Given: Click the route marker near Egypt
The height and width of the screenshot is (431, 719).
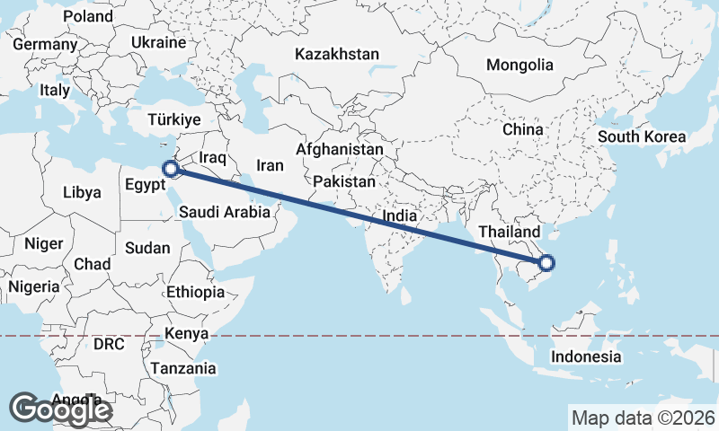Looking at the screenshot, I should pyautogui.click(x=169, y=168).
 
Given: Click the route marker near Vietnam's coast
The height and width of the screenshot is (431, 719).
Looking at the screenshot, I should pyautogui.click(x=546, y=263).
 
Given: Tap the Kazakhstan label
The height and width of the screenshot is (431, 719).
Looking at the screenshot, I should pyautogui.click(x=337, y=54).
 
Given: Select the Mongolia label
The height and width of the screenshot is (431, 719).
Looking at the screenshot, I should pyautogui.click(x=519, y=65).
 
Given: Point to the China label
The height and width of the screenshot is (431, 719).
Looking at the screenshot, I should pyautogui.click(x=523, y=129).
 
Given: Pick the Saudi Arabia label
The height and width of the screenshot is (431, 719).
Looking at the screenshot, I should pyautogui.click(x=225, y=213).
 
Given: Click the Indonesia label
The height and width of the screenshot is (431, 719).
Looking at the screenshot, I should pyautogui.click(x=586, y=356).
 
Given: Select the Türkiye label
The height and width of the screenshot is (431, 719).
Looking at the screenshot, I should pyautogui.click(x=174, y=119).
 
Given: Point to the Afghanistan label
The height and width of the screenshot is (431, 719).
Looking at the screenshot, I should pyautogui.click(x=340, y=149).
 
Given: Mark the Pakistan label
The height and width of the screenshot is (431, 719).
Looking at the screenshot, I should pyautogui.click(x=344, y=181).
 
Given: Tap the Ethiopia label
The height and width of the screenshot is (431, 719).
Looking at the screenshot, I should pyautogui.click(x=195, y=292).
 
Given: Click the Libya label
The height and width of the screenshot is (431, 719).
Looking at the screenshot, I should pyautogui.click(x=83, y=192).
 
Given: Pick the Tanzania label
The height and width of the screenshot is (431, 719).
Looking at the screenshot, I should pyautogui.click(x=183, y=368).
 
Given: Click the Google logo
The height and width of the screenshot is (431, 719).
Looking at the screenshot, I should pyautogui.click(x=60, y=409).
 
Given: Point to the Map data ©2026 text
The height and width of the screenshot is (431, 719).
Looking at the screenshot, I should pyautogui.click(x=644, y=418).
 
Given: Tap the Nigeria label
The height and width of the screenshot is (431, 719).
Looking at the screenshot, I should pyautogui.click(x=33, y=286).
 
